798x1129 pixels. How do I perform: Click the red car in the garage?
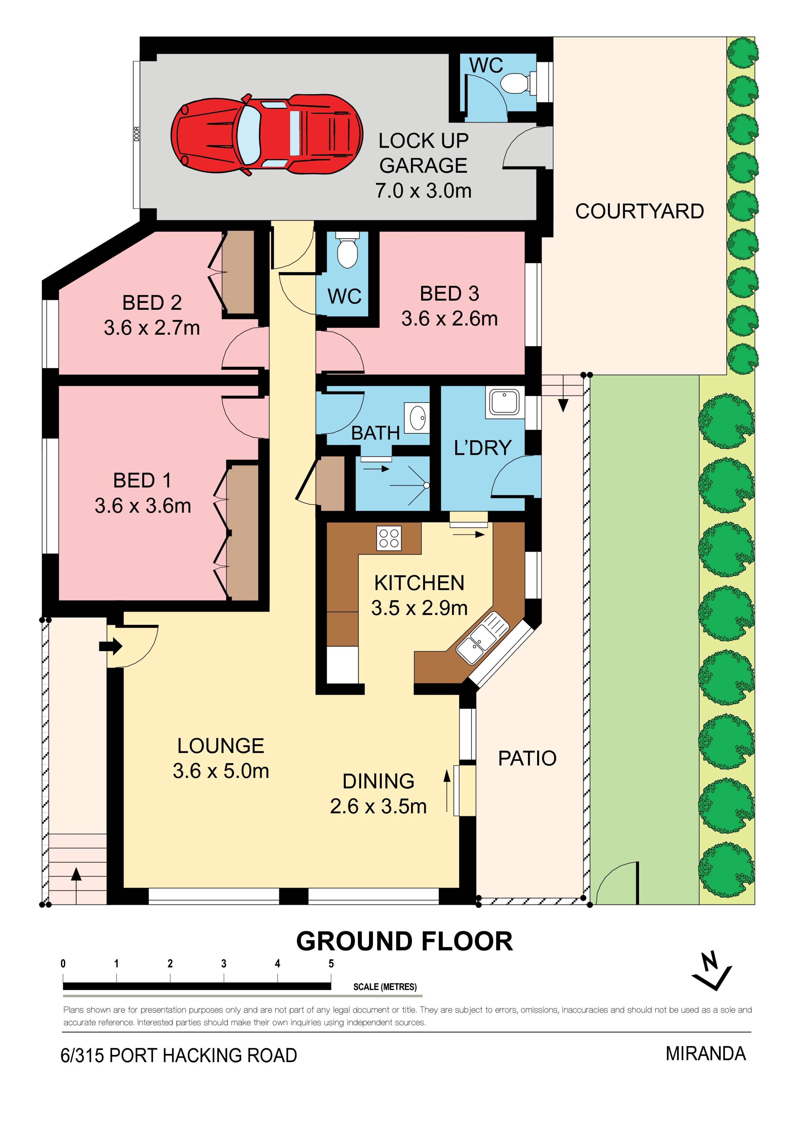point(267,134)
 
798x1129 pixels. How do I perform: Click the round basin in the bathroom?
point(418,418)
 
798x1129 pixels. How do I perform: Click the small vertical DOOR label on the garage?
point(137,134)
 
